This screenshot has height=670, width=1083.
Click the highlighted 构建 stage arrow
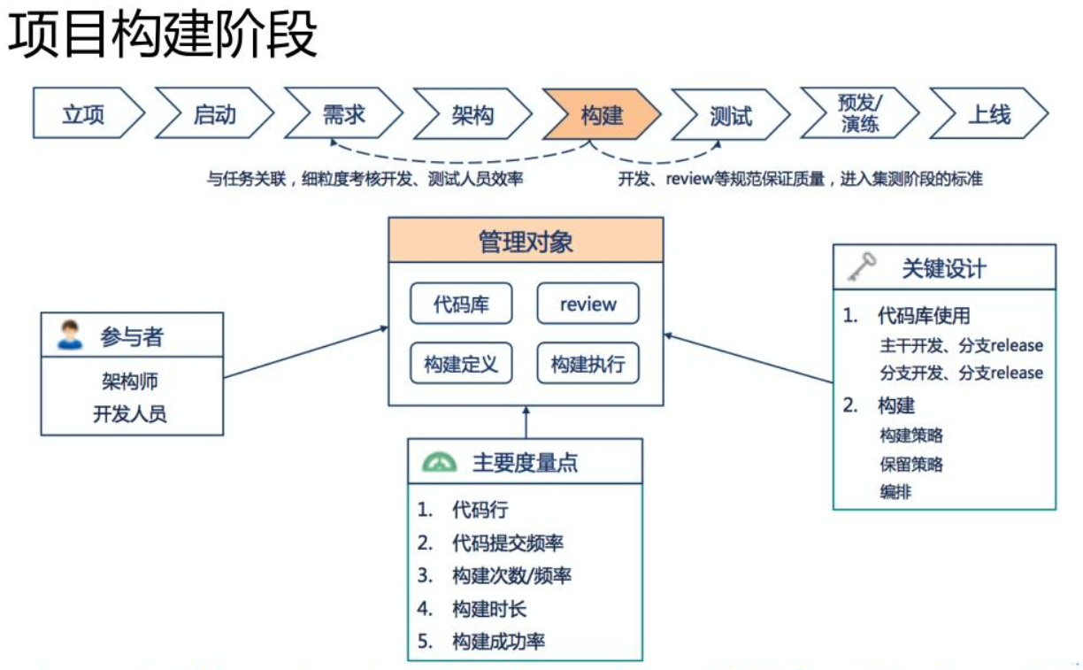coord(602,114)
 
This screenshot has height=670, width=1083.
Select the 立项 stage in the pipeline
coord(85,114)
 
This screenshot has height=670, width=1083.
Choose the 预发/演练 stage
coord(859,114)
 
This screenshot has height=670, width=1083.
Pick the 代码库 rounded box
coord(461,304)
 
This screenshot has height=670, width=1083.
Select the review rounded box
coord(588,304)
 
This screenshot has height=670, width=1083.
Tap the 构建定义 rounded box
coord(461,364)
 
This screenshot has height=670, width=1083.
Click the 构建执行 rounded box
coord(588,364)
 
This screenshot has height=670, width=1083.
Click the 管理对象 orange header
coord(526,241)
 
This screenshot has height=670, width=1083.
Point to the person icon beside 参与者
coord(69,335)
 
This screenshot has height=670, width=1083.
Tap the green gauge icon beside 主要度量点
coord(440,462)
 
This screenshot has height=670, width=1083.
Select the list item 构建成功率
coord(498,642)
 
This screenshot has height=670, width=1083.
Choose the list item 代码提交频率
coord(508,543)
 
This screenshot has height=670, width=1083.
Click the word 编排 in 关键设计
coord(895,492)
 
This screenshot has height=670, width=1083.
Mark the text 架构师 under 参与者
coord(130,381)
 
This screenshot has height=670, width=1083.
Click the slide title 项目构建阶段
coord(164,37)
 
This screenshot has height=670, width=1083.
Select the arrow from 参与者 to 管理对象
coord(305,352)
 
